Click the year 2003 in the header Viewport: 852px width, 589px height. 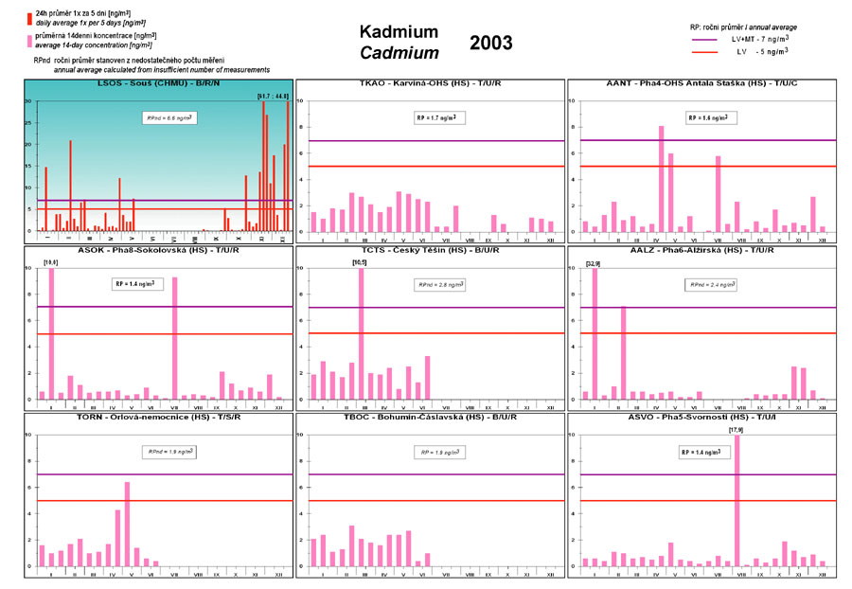[x=490, y=43]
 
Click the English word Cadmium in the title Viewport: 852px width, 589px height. [x=399, y=53]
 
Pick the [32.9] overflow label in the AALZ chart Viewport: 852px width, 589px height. [x=594, y=261]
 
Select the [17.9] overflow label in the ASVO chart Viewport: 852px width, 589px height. [x=736, y=430]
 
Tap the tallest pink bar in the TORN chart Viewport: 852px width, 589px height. [x=127, y=523]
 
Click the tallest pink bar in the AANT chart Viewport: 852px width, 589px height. [x=661, y=178]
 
